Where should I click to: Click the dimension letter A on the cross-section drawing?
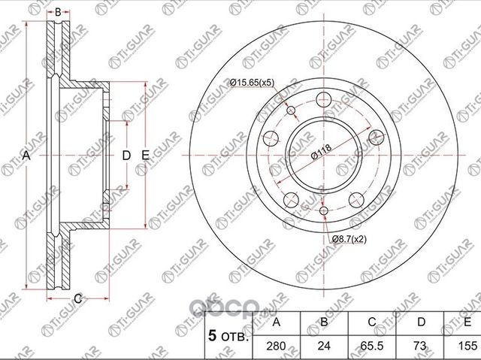pyautogui.click(x=26, y=156)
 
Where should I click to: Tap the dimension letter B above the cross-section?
pyautogui.click(x=58, y=13)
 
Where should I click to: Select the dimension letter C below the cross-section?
pyautogui.click(x=77, y=298)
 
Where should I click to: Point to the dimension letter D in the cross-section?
pyautogui.click(x=126, y=156)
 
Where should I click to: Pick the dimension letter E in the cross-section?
pyautogui.click(x=146, y=156)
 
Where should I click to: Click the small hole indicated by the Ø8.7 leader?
pyautogui.click(x=324, y=211)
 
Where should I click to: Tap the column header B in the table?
pyautogui.click(x=325, y=322)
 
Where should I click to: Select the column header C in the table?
pyautogui.click(x=372, y=322)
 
